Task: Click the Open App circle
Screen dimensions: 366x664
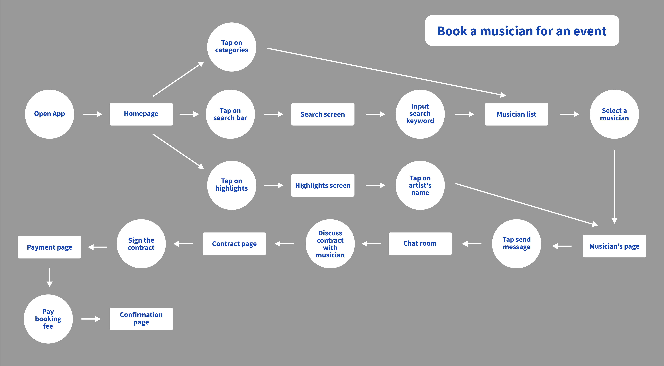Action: coord(50,114)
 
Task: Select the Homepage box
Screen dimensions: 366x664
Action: coord(141,114)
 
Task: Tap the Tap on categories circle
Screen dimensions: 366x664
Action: coord(232,47)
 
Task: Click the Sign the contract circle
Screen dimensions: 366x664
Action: coord(141,244)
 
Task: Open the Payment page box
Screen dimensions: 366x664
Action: coord(50,247)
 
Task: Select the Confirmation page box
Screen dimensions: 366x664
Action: coord(141,319)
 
